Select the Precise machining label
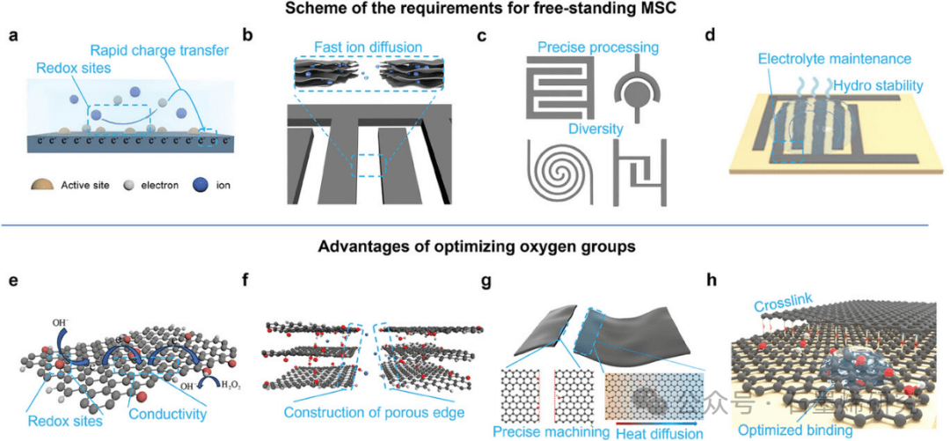(551, 431)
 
